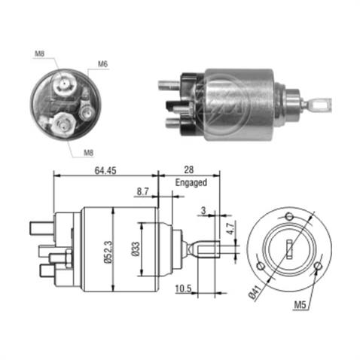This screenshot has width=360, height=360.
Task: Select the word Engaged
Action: point(189,182)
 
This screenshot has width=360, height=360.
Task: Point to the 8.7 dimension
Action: point(142,192)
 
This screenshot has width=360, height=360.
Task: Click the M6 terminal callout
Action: point(102,63)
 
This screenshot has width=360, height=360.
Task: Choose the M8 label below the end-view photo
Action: point(89,152)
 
